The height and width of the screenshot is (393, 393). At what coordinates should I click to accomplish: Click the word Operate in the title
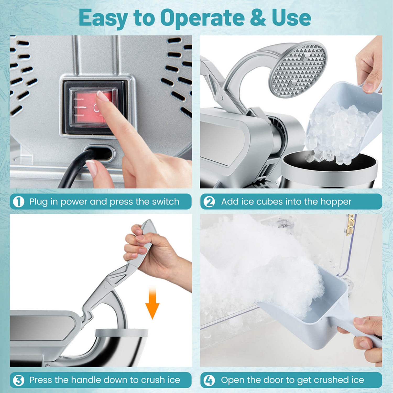(202, 18)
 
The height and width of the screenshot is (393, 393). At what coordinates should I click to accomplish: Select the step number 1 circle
(19, 202)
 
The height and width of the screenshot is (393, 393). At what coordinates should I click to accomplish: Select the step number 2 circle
(209, 202)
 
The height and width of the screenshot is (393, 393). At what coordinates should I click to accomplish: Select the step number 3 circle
(19, 380)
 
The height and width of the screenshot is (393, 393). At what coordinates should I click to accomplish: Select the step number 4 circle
(209, 380)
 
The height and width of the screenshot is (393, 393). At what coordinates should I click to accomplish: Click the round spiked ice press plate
(299, 69)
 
